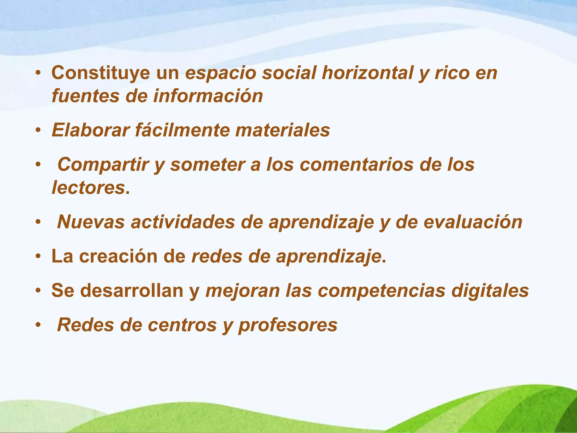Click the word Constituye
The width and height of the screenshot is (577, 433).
(101, 73)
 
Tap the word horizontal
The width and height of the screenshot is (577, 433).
(367, 73)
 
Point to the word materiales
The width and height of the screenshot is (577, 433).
(282, 130)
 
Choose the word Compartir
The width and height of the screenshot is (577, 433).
(103, 165)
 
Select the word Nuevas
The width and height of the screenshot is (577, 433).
(91, 222)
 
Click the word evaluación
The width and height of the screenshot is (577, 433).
(473, 222)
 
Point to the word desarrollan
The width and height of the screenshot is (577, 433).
(132, 291)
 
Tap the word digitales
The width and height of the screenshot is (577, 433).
(490, 291)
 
